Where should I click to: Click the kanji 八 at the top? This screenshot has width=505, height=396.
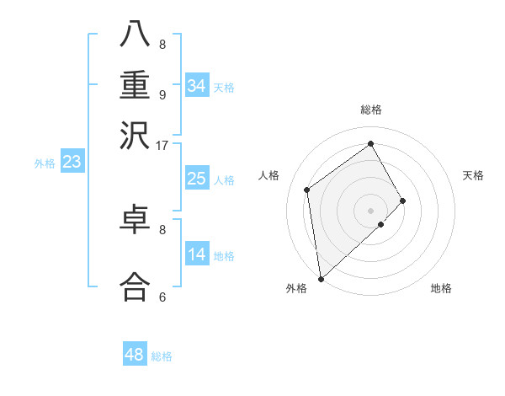click(136, 35)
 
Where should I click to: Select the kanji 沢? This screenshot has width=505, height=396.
click(136, 135)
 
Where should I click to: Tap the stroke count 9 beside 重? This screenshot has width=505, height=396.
click(162, 94)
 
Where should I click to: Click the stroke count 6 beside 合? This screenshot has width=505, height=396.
click(162, 297)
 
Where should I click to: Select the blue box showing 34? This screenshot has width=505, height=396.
click(196, 85)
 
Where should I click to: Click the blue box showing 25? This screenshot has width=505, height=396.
click(196, 179)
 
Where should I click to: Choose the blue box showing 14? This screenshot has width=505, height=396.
click(196, 254)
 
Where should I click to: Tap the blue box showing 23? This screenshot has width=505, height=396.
click(72, 162)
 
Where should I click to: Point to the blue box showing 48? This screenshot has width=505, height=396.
click(134, 355)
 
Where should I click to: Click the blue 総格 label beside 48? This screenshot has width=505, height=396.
click(162, 356)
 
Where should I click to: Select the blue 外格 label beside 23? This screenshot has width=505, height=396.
click(45, 163)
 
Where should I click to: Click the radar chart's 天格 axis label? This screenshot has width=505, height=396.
click(473, 175)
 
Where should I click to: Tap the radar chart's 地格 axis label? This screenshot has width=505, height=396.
click(441, 288)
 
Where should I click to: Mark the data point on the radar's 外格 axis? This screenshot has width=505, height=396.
click(321, 279)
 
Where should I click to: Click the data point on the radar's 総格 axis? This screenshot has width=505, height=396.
click(371, 143)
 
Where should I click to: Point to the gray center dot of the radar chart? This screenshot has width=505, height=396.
click(371, 210)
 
